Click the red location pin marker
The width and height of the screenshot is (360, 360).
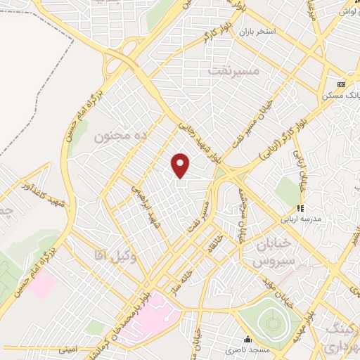point(181,165)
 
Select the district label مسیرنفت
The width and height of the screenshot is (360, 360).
point(229,70)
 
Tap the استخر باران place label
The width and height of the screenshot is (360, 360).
point(258,32)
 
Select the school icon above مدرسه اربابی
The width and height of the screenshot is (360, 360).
point(300,208)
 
